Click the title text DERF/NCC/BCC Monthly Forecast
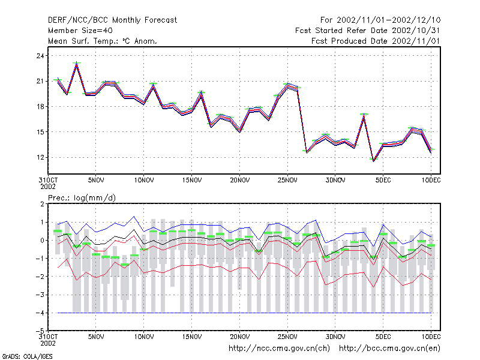pos(112,20)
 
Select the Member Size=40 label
pos(80,31)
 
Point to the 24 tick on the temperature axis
pos(40,56)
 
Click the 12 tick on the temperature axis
pos(40,157)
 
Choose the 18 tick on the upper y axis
pos(40,107)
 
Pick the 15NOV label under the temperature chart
pos(192,181)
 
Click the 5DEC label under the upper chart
pos(383,181)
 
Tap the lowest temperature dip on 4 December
pos(373,160)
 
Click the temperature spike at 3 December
pos(364,115)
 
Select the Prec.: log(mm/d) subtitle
pos(82,198)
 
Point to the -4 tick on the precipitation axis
pos(40,313)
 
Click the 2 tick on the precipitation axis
pos(42,204)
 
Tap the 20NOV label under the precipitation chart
pos(239,337)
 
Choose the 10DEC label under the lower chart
pos(431,337)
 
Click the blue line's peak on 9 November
pos(134,217)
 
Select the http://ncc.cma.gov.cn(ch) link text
pos(279,349)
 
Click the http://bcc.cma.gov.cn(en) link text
pos(389,349)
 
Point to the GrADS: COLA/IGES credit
pos(27,356)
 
